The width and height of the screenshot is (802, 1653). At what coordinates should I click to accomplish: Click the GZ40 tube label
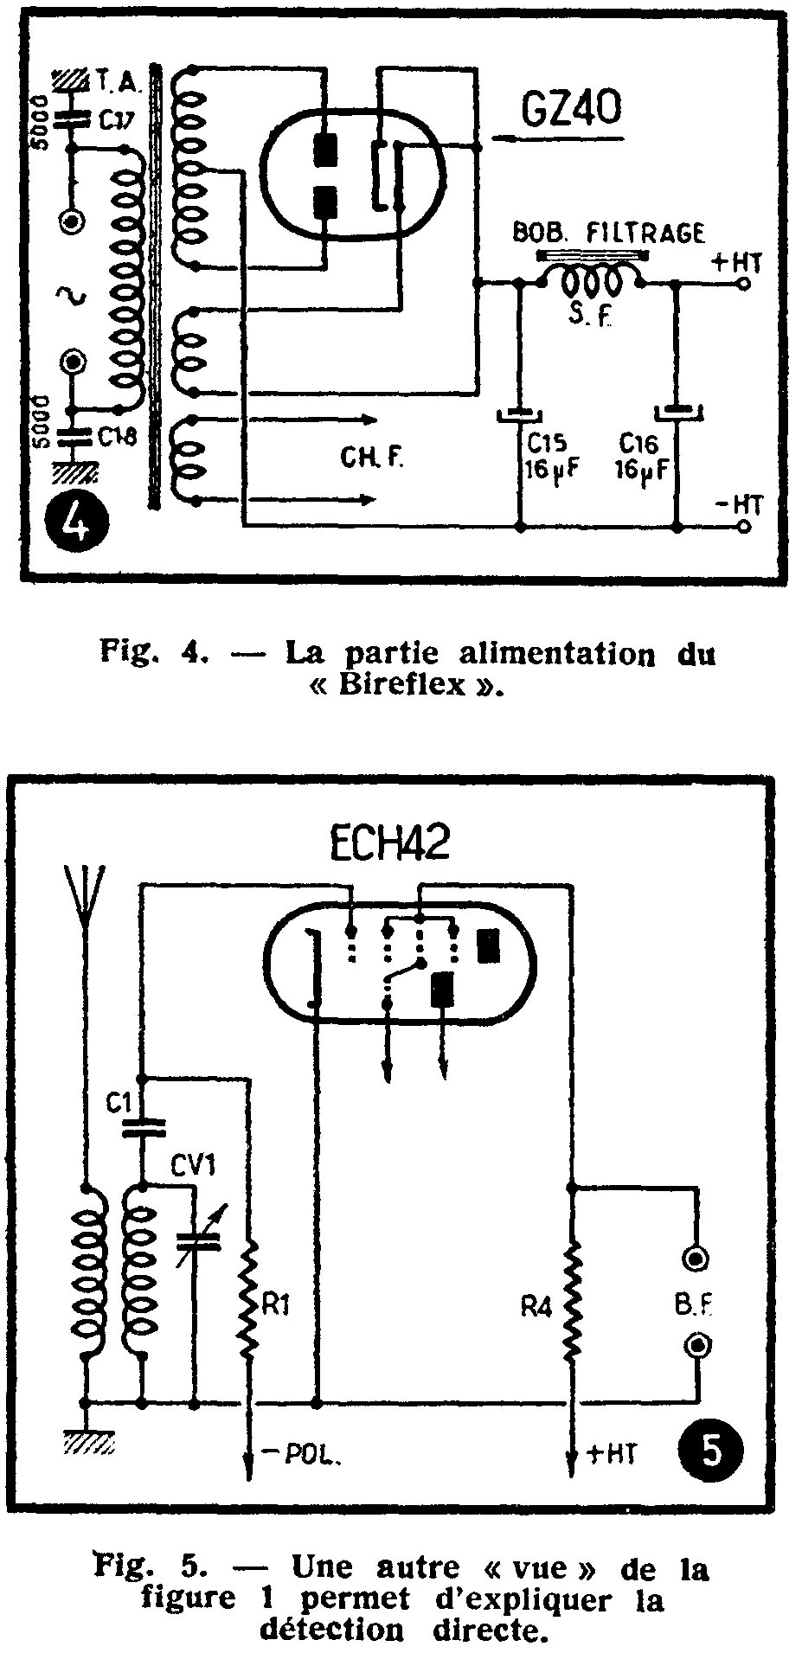tap(573, 113)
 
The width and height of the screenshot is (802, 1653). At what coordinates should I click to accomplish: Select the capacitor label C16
tap(638, 444)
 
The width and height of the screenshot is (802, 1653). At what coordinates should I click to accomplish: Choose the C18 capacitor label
tap(115, 439)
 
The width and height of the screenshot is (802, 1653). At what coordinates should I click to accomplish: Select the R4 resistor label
tap(536, 1307)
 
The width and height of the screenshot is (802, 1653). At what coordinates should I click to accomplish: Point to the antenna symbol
tap(85, 904)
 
